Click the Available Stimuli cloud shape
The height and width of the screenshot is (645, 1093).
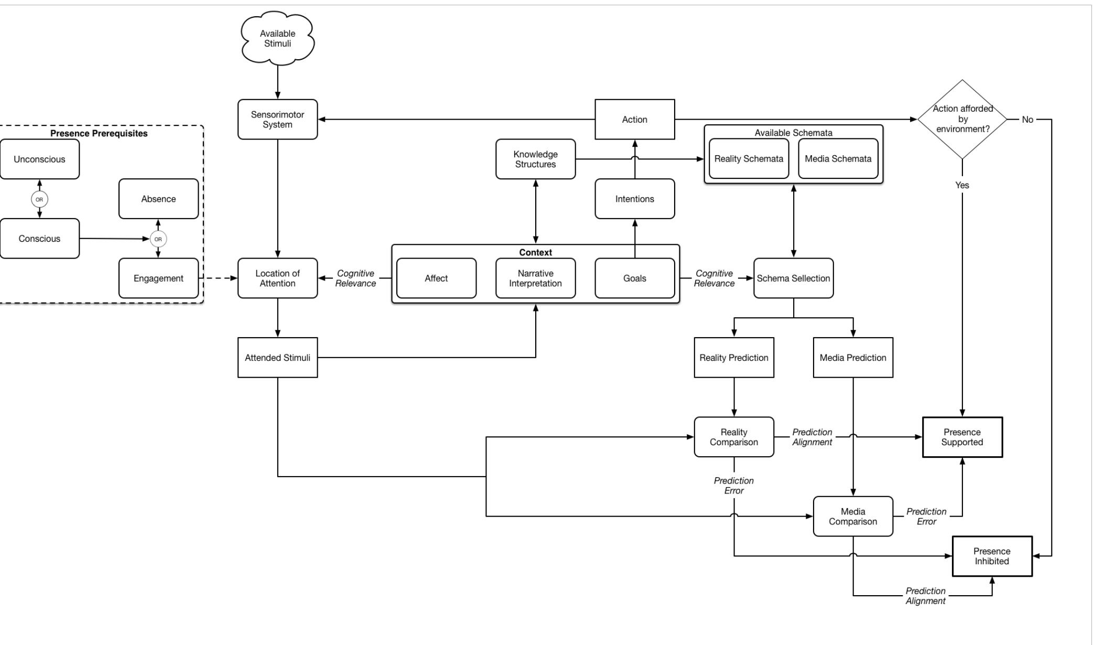click(x=277, y=39)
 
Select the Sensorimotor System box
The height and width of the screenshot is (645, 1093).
click(x=277, y=120)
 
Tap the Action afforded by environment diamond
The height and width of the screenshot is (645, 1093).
click(x=962, y=119)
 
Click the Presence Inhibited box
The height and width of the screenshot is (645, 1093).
click(x=991, y=556)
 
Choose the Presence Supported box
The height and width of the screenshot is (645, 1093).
click(x=961, y=437)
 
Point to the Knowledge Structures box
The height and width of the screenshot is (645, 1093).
click(x=535, y=159)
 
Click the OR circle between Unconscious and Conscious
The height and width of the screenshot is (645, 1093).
click(x=39, y=199)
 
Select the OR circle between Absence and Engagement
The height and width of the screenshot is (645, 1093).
click(x=158, y=239)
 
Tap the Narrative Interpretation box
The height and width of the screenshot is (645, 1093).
click(x=535, y=278)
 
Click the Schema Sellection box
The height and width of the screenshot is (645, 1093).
click(x=793, y=278)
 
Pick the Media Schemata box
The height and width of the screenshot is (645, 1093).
click(x=837, y=159)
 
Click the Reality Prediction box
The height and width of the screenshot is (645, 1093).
click(x=733, y=358)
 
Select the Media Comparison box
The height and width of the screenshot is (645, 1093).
click(x=852, y=517)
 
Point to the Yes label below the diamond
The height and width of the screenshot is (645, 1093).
click(x=962, y=185)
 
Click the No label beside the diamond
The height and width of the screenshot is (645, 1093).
click(x=1027, y=120)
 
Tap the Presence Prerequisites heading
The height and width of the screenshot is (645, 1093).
click(x=99, y=133)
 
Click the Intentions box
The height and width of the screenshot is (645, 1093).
click(x=634, y=199)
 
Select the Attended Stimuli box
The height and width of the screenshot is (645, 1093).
click(x=277, y=358)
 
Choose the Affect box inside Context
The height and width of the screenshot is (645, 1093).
click(x=436, y=278)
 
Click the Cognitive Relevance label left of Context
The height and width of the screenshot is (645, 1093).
click(x=355, y=278)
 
